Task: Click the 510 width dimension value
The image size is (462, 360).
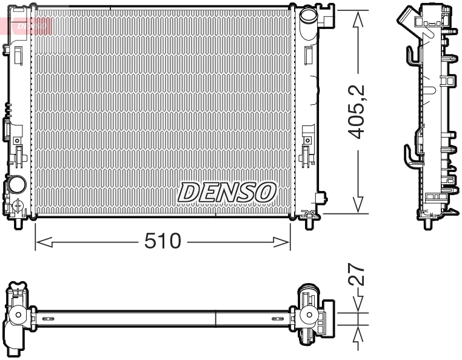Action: tap(163, 242)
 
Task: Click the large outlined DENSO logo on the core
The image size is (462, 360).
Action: tap(227, 193)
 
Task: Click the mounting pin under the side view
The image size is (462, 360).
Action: tap(429, 222)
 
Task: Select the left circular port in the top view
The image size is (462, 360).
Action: tap(19, 315)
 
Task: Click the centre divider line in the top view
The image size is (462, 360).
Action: tap(216, 318)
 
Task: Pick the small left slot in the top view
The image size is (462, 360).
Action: tap(49, 318)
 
